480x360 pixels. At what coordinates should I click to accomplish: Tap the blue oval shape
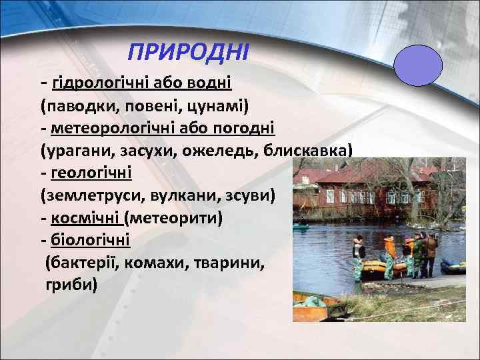[x=418, y=67]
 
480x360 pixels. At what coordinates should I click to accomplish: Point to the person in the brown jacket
[x=431, y=252]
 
